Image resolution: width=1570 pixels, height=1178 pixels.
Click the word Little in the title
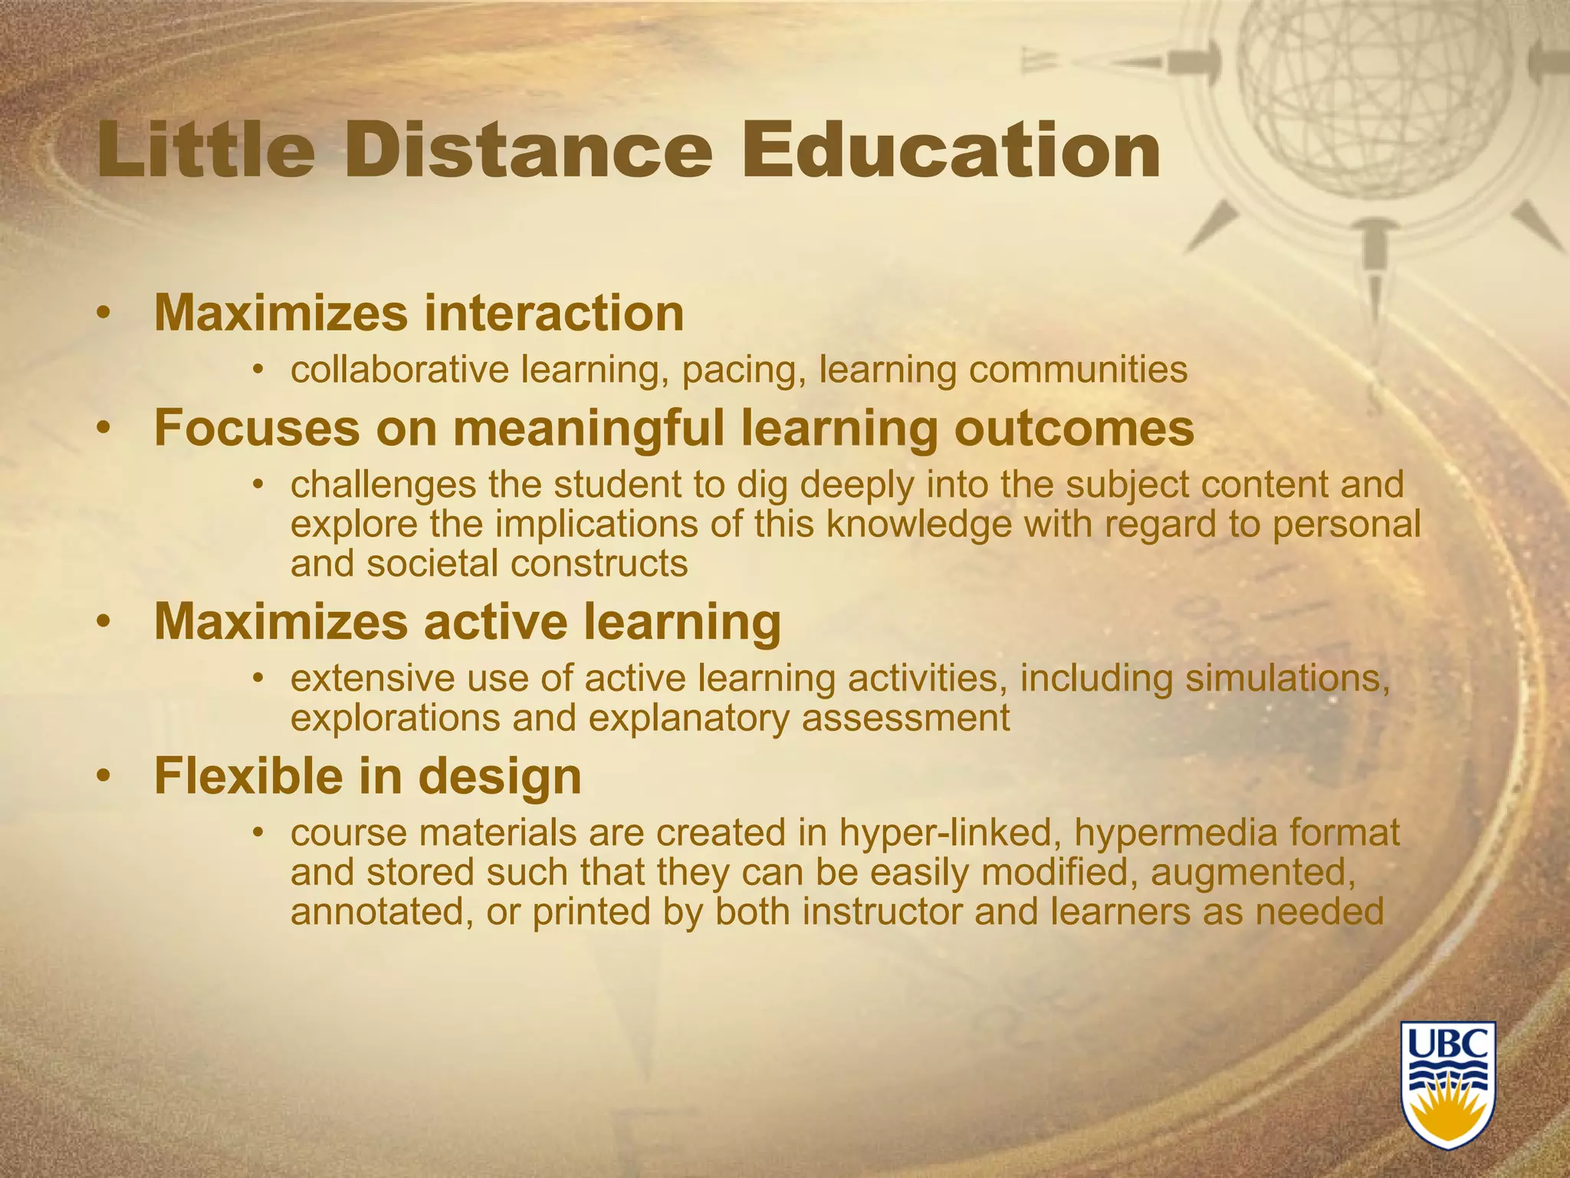[x=205, y=150]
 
